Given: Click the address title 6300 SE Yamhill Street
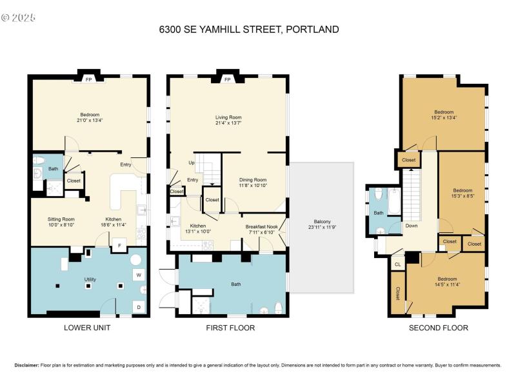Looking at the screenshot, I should (249, 30).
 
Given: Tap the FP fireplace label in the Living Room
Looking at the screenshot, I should (227, 80).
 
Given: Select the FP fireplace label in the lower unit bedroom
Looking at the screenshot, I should (88, 80).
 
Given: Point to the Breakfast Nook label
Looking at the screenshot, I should (261, 226).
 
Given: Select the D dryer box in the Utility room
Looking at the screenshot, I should (139, 306).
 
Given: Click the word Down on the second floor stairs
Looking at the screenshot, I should (411, 226).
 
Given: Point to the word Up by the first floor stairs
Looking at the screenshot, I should (192, 163).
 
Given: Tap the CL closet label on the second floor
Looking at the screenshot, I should (397, 264).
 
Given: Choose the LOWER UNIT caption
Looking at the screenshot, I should (87, 328).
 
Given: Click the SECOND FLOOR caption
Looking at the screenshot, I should (439, 328).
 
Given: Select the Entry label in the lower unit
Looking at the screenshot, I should (125, 164).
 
